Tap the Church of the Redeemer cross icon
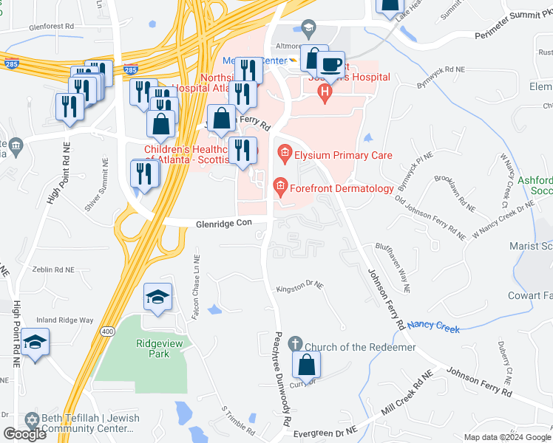click(295, 344)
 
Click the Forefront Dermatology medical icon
click(280, 187)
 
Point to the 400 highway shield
click(108, 332)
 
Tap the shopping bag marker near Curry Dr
click(306, 365)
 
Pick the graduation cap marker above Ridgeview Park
click(157, 298)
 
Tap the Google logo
click(24, 434)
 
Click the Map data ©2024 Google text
click(506, 437)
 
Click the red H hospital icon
click(323, 92)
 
